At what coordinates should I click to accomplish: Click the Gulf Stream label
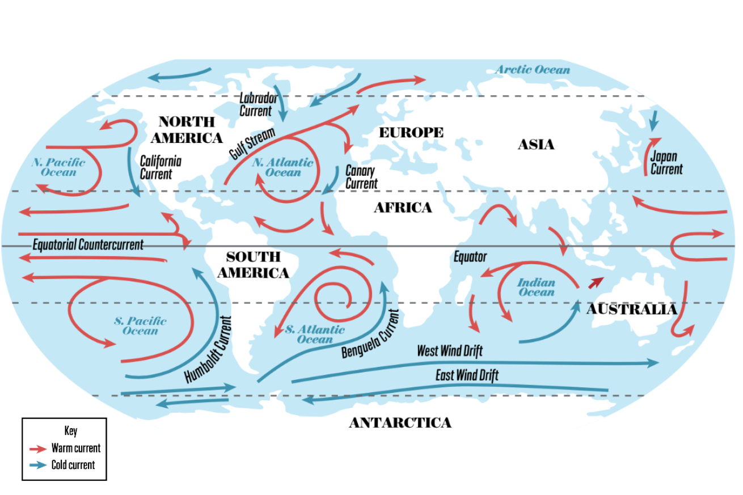pos(252,144)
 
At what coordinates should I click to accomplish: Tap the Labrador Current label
pos(258,104)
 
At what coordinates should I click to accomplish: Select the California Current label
pos(161,167)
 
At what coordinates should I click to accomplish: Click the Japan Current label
pos(666,163)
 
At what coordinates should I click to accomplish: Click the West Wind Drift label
pos(450,351)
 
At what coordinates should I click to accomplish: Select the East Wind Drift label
pos(467,375)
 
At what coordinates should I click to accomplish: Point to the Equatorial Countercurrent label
pos(88,245)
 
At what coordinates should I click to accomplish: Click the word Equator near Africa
pos(470,257)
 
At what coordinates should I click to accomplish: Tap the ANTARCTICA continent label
pos(400,423)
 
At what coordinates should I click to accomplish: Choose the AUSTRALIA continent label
pos(631,310)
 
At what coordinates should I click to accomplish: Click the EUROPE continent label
pos(411,133)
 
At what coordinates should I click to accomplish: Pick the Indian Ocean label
pos(536,287)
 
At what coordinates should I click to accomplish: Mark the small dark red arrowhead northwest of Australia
pos(596,282)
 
